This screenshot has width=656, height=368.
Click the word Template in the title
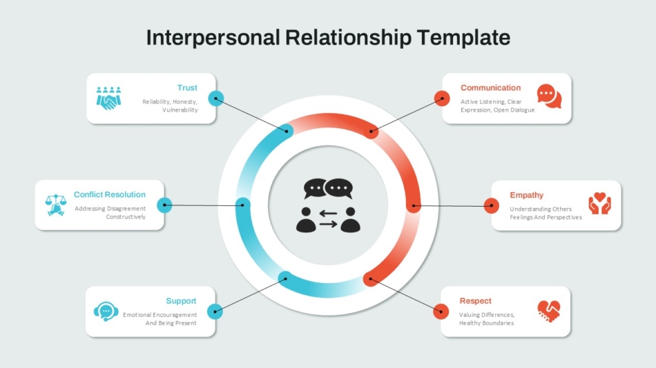(463, 38)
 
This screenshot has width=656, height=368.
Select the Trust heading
(187, 88)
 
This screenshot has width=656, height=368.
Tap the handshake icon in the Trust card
(109, 99)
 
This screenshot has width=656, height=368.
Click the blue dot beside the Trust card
(216, 99)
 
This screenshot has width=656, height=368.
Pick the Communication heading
(491, 88)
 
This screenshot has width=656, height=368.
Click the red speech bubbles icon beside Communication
(550, 96)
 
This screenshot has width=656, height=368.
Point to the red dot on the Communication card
(442, 99)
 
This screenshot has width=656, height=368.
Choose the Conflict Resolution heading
(110, 194)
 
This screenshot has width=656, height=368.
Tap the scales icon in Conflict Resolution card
(56, 205)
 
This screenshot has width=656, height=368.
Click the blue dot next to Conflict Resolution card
(164, 205)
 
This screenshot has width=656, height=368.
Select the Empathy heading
(526, 195)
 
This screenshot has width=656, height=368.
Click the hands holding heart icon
(599, 203)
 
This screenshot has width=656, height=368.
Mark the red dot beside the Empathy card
(491, 205)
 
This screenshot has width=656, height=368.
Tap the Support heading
(181, 301)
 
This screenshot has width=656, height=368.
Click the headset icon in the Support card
(106, 311)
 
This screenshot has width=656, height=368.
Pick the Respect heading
(475, 301)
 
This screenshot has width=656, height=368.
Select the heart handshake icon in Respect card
(549, 311)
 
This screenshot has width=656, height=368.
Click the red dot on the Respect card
(441, 311)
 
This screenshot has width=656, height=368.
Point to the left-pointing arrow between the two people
(328, 214)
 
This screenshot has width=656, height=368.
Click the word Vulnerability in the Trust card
(180, 110)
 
